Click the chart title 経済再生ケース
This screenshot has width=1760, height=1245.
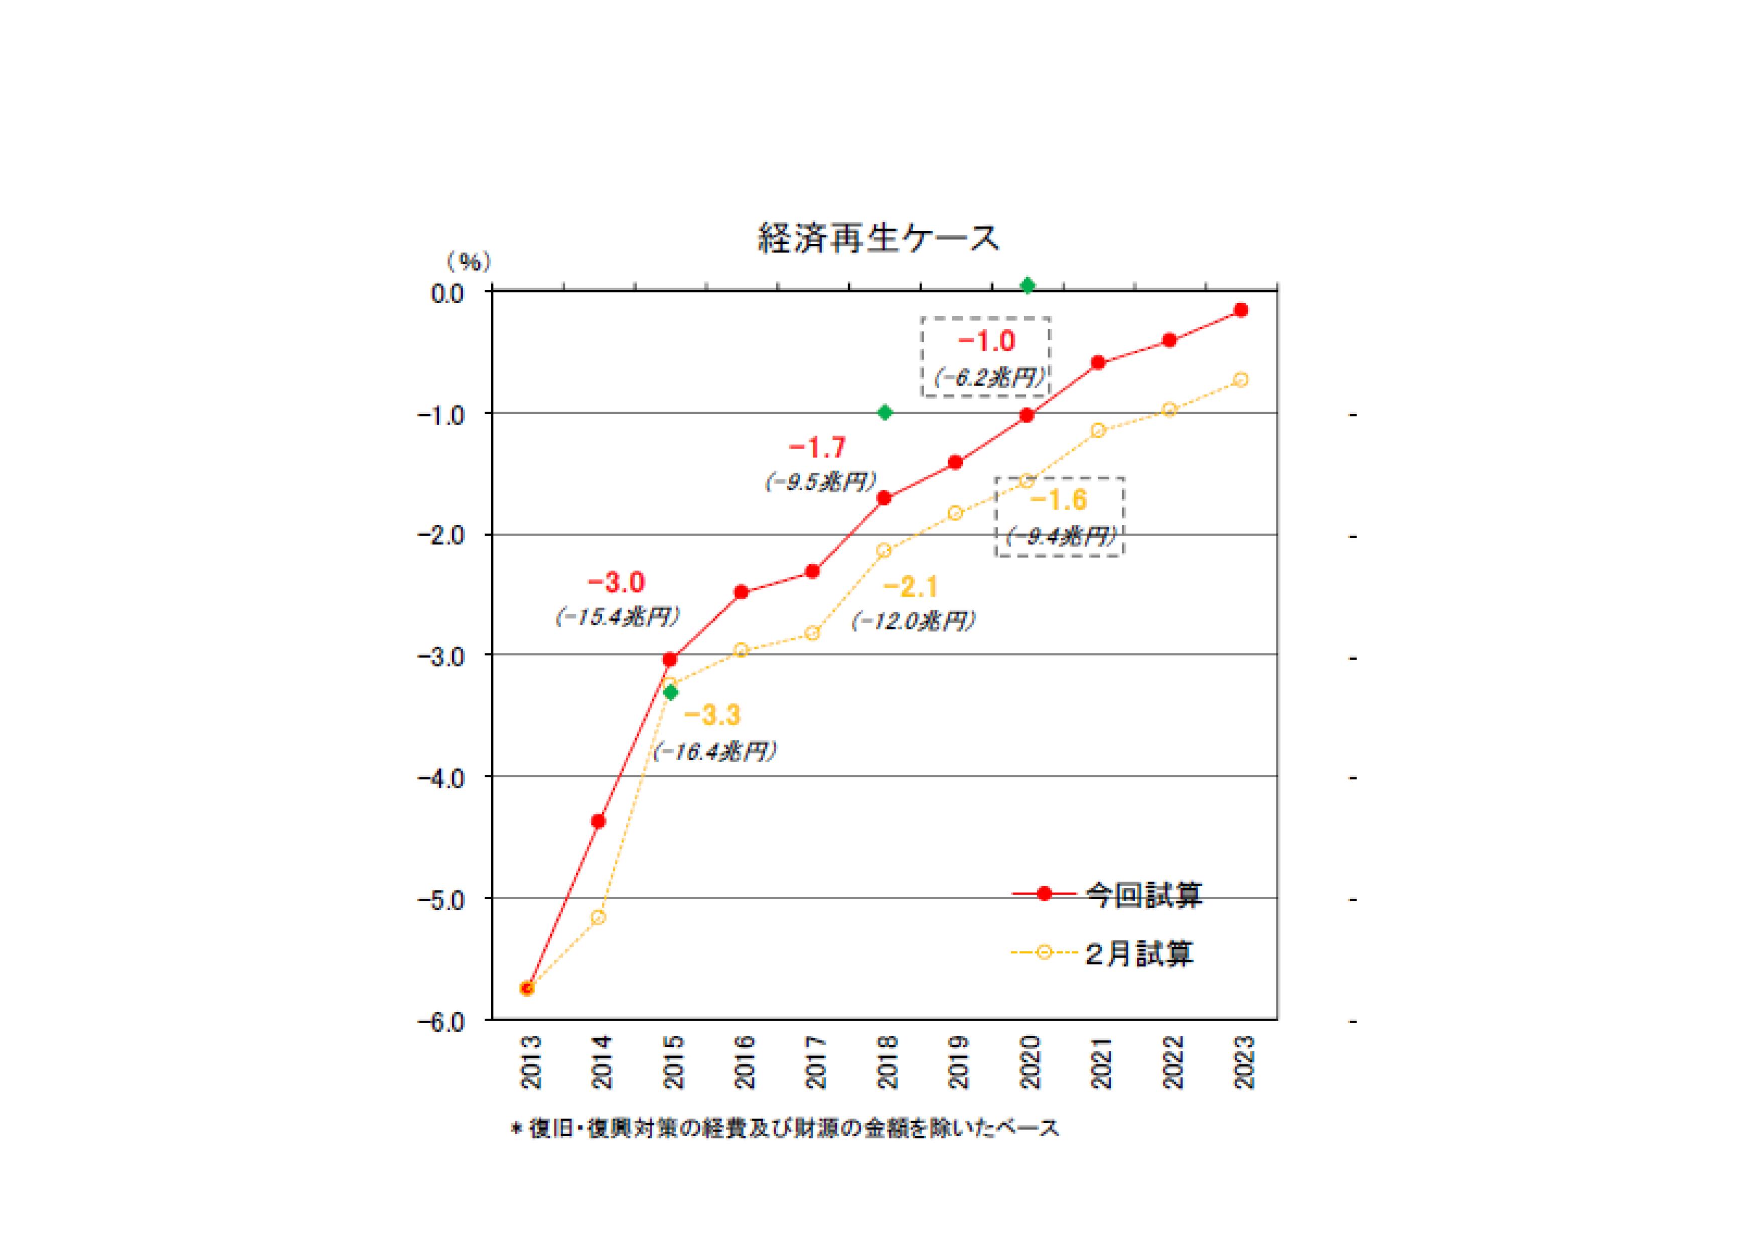[x=878, y=238]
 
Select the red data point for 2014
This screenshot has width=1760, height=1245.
[x=598, y=821]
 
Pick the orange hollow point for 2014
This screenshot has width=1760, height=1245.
[x=599, y=917]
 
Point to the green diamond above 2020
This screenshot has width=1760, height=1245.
[x=1028, y=286]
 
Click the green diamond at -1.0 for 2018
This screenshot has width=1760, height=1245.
[x=885, y=412]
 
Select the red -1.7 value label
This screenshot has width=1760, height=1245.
[x=817, y=447]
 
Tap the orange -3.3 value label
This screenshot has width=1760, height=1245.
[x=712, y=715]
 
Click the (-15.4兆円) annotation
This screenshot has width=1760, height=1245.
[x=618, y=617]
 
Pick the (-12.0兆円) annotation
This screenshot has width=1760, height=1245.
[x=913, y=621]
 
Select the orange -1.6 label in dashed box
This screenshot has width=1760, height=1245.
[x=1059, y=500]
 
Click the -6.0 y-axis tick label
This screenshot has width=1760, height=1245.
[x=441, y=1022]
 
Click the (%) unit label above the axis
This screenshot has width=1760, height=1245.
[x=469, y=262]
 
